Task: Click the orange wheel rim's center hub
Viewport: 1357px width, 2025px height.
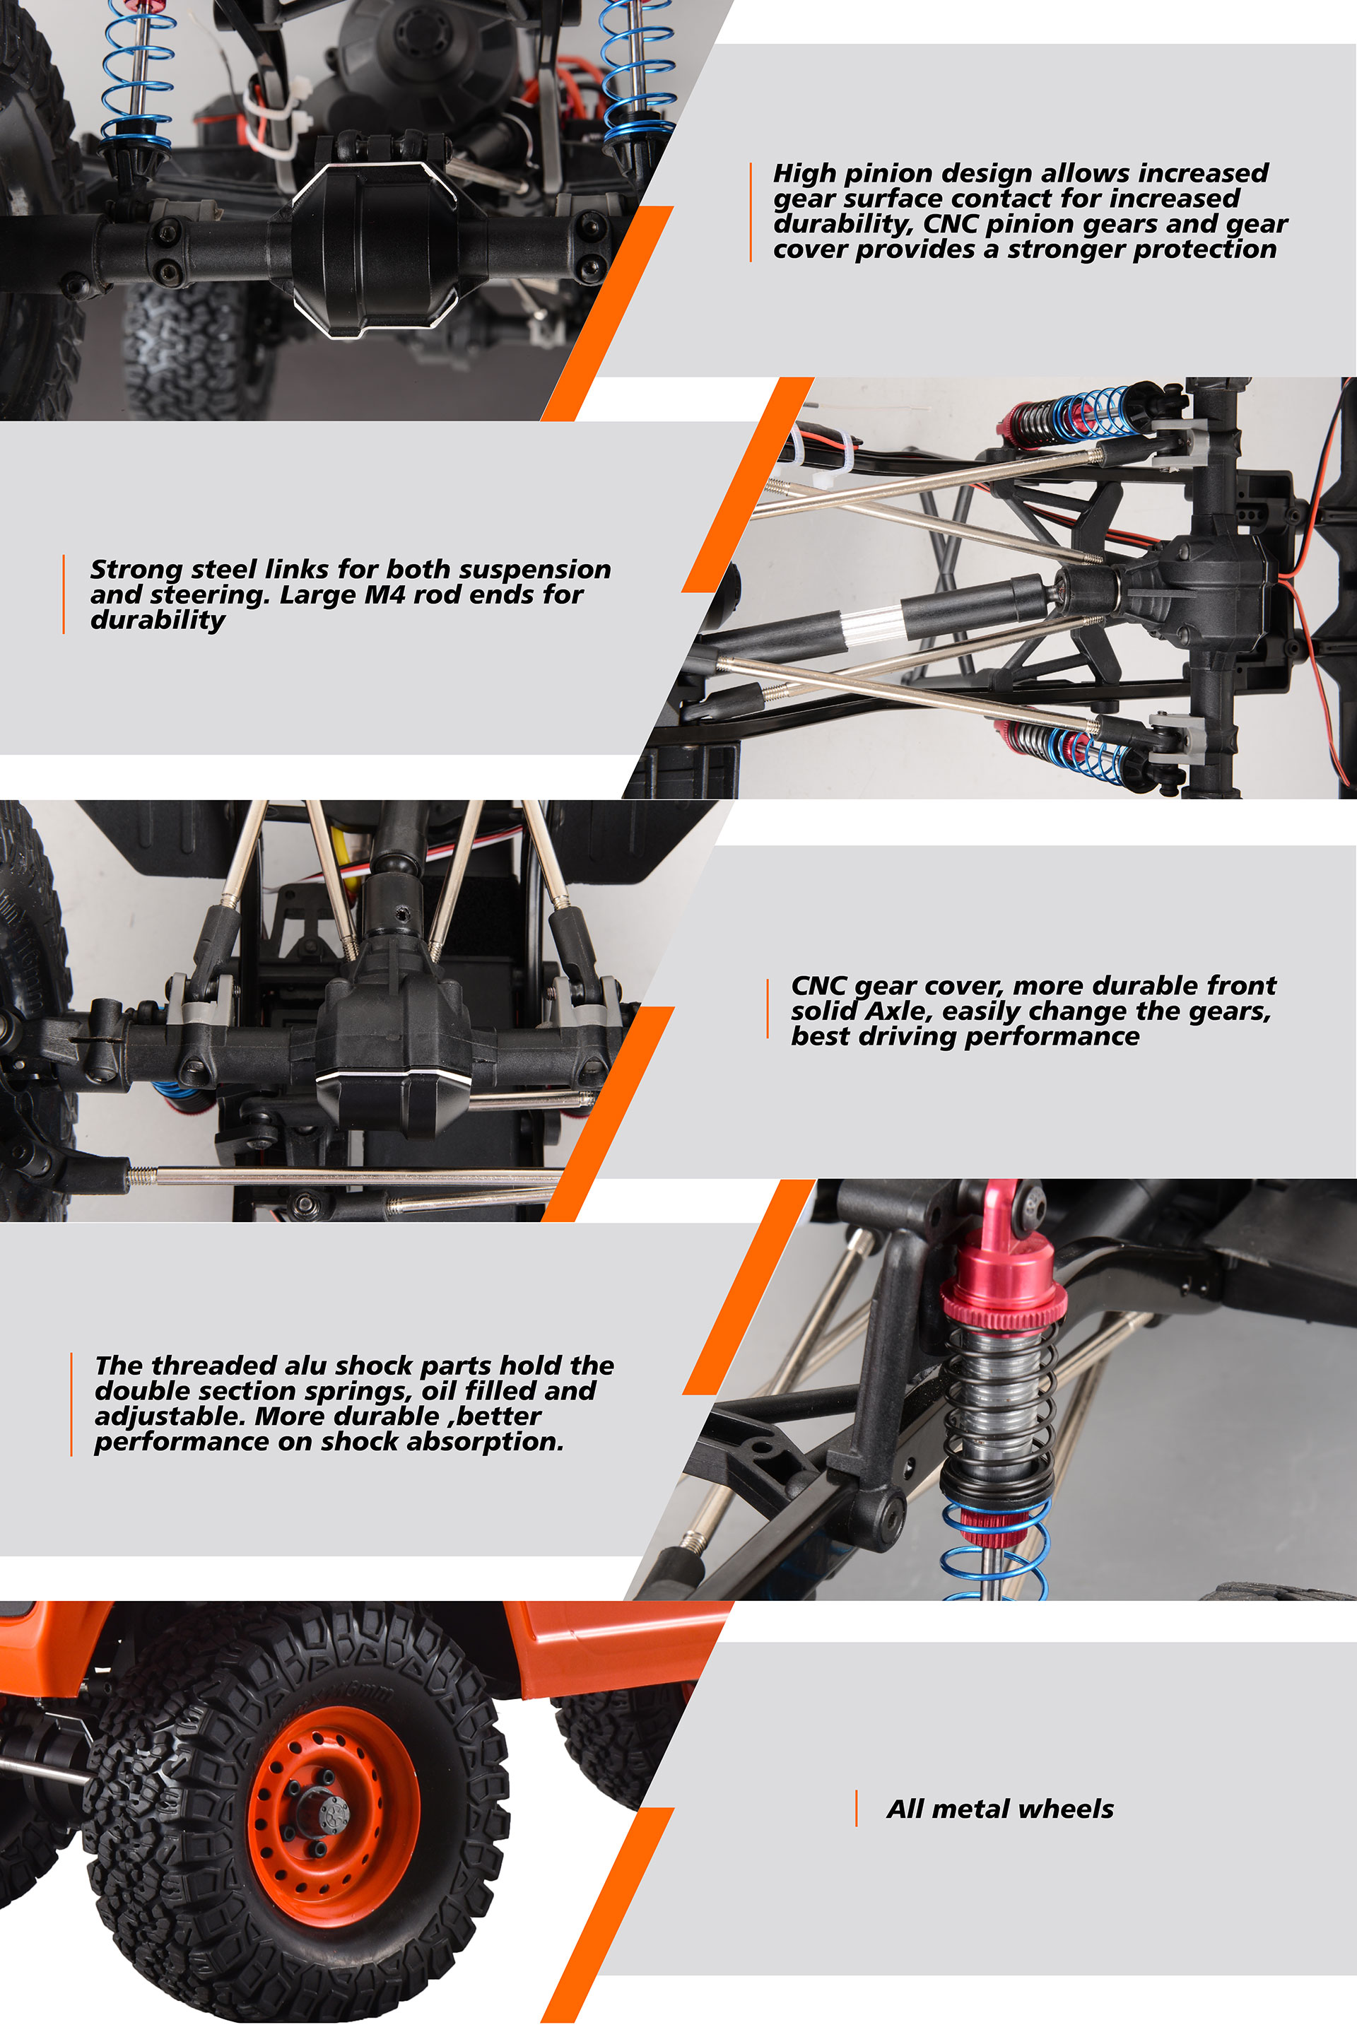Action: (x=331, y=1809)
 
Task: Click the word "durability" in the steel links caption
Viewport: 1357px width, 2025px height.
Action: (x=158, y=621)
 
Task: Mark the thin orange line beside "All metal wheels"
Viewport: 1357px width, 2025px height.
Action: (x=856, y=1809)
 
